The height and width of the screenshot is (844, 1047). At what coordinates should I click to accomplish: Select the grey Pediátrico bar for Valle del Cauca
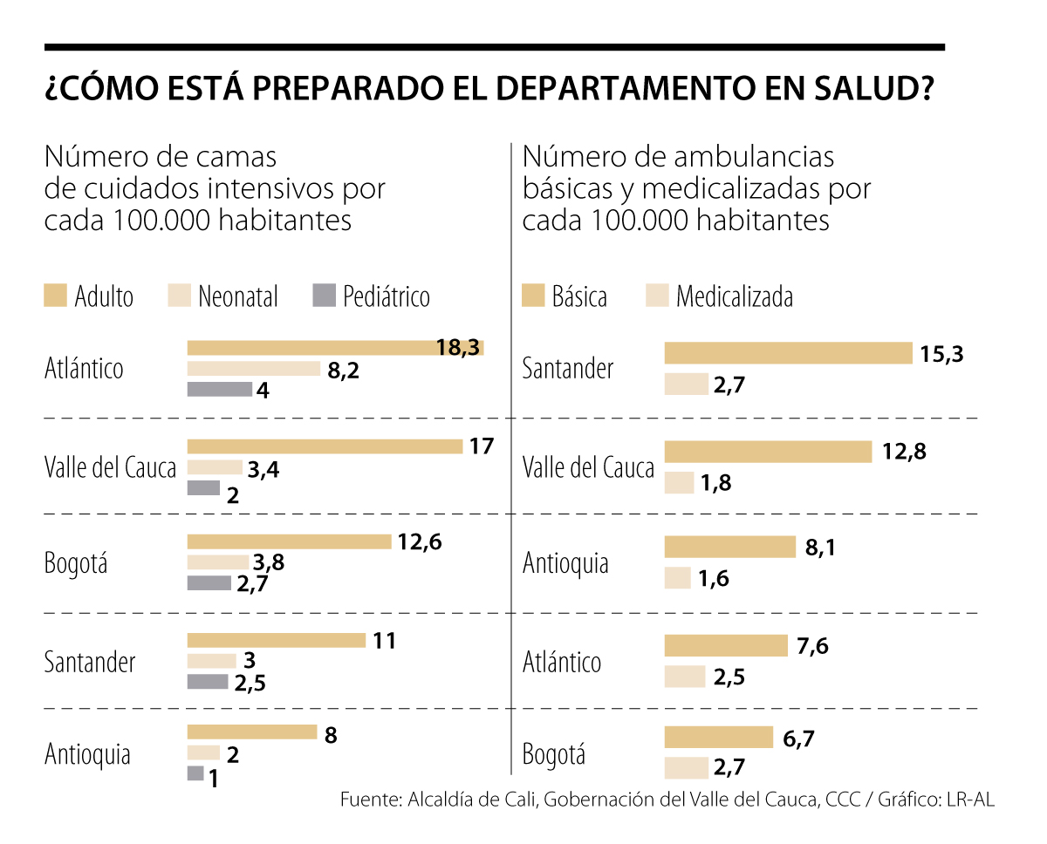[x=203, y=488]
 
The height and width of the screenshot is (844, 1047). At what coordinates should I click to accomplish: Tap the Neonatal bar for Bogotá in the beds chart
[x=217, y=562]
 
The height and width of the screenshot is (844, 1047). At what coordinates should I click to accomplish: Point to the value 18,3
[x=458, y=348]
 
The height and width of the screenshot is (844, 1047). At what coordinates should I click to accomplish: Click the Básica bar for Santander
[x=788, y=353]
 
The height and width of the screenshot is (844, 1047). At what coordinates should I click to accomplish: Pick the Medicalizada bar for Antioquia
[x=678, y=578]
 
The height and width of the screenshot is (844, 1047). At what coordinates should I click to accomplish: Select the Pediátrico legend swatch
[x=323, y=296]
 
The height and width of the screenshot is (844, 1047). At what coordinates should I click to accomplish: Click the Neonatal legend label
[x=237, y=296]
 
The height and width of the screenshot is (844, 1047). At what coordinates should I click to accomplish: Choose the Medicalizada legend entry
[x=734, y=296]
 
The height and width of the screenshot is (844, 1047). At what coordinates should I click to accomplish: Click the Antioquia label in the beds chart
[x=87, y=753]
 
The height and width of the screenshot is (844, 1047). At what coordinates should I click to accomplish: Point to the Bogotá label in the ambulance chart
[x=553, y=753]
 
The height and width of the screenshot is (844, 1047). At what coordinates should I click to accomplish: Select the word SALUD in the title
[x=863, y=89]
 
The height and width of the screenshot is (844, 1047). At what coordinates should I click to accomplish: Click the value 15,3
[x=941, y=353]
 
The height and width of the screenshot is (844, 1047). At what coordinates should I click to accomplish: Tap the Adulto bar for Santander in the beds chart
[x=276, y=641]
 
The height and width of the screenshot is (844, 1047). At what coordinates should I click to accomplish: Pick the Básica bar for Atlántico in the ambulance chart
[x=726, y=646]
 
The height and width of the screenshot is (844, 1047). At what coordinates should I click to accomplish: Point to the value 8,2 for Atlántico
[x=343, y=370]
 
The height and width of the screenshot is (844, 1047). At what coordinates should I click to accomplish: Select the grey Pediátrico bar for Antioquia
[x=195, y=773]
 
